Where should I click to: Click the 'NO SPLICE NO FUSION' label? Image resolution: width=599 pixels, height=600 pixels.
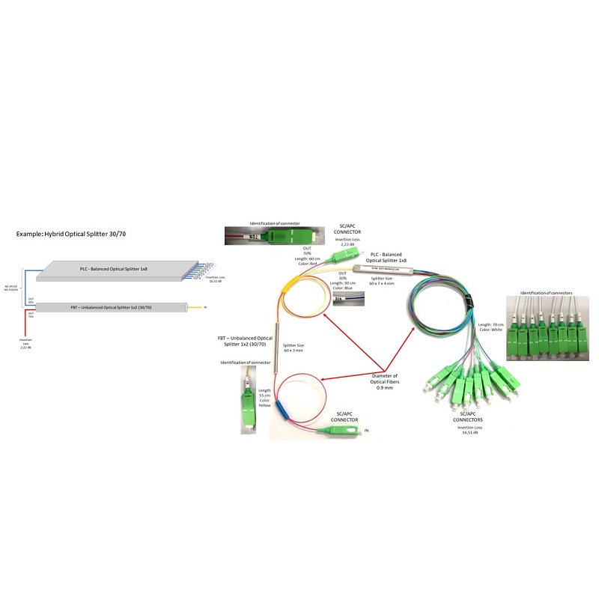10,288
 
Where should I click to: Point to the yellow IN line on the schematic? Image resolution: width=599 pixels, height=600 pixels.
196,306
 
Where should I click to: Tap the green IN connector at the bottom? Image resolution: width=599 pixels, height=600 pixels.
340,430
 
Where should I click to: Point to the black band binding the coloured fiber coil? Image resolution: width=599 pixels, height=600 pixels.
469,300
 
